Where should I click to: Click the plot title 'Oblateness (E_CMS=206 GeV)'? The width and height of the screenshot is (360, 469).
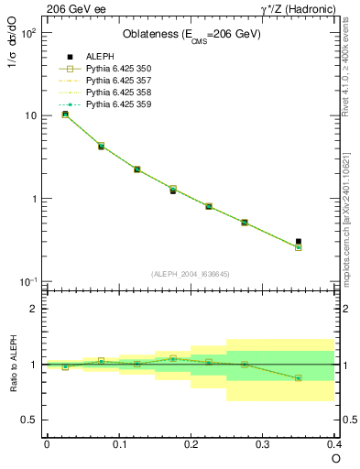[x=191, y=36]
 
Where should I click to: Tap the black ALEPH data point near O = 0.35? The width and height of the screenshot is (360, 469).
[x=299, y=242]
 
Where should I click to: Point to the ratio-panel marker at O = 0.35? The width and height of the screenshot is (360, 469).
[x=299, y=377]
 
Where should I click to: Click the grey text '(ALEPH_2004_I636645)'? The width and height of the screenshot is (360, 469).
[x=191, y=274]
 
